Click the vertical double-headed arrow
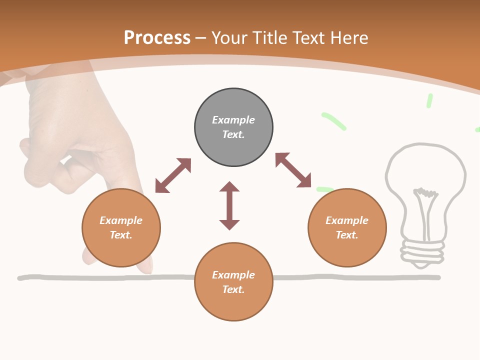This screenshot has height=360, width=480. point(229,205)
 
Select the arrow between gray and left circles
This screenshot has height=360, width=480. point(173,175)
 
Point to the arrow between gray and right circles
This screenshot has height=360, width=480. point(293,170)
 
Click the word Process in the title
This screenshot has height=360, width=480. point(157,37)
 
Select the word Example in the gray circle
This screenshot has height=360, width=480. point(233,120)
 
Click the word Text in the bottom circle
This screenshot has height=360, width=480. point(233,289)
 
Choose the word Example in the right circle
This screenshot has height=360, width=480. point(347,220)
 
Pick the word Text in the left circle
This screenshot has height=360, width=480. point(120,235)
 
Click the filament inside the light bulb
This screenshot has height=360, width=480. point(424,205)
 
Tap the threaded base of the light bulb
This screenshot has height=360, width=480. point(423,250)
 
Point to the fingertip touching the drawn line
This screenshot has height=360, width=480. point(145,269)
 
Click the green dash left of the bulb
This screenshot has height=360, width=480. point(333,121)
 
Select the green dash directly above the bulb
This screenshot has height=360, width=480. point(429,100)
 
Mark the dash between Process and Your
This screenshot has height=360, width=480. point(200,37)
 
